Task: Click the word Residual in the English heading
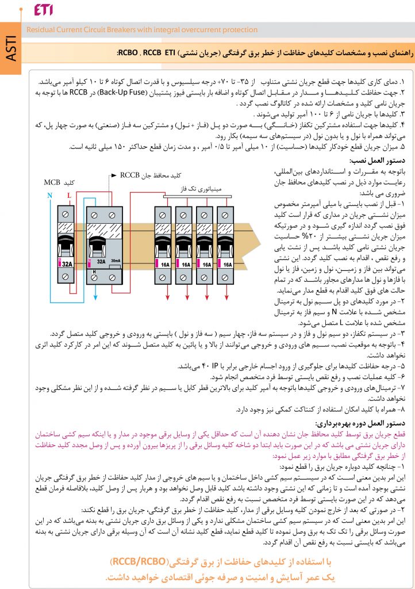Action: tap(40, 30)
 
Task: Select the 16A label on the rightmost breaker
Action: tap(228, 266)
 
